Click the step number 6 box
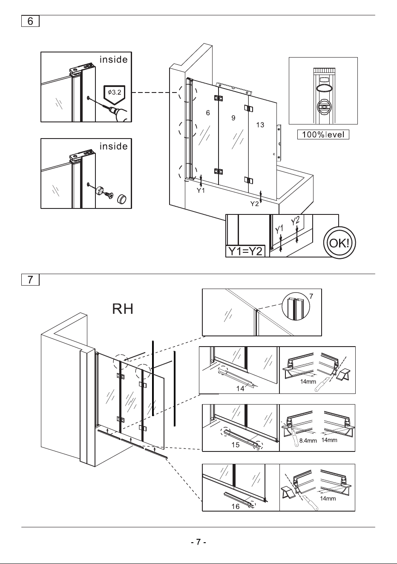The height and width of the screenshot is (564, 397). pos(30,21)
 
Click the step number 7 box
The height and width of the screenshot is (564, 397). pos(30,280)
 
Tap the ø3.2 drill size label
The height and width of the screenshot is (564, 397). pos(115,93)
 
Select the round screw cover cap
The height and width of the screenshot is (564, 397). pos(122,198)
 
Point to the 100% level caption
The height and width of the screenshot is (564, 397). pos(323,134)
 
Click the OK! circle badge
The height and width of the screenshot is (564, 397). pos(339,243)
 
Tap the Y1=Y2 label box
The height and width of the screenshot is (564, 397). pos(245,251)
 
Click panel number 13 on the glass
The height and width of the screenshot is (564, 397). pos(260,125)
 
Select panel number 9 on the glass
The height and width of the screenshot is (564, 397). pos(233,118)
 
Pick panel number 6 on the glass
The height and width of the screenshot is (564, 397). pos(208,113)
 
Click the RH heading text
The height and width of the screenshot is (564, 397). pos(123,309)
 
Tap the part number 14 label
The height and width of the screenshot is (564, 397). pos(240,388)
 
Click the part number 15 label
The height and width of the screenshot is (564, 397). pos(236,445)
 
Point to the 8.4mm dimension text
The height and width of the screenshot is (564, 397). pos(308,441)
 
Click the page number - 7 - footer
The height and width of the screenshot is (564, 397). pos(198,541)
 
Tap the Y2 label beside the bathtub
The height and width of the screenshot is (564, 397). pos(255,203)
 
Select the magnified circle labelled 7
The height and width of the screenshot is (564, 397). pos(296,307)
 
